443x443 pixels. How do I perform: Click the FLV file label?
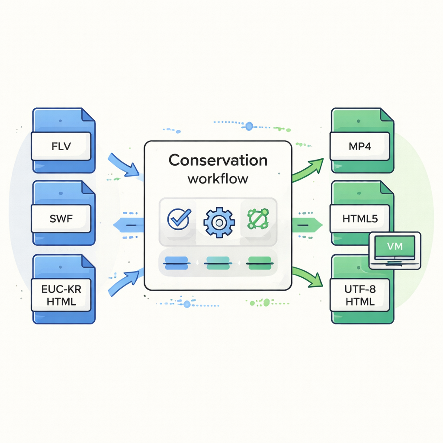click(61, 146)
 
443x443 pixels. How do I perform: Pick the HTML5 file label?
click(360, 219)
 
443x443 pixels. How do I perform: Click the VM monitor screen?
click(394, 247)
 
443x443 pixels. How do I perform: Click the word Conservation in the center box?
click(218, 160)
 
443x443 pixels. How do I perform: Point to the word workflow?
click(218, 178)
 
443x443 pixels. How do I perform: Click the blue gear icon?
click(218, 221)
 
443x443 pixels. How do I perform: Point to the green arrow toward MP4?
click(308, 170)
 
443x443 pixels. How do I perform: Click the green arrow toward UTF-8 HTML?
click(308, 277)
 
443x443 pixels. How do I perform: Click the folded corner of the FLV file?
click(88, 116)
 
